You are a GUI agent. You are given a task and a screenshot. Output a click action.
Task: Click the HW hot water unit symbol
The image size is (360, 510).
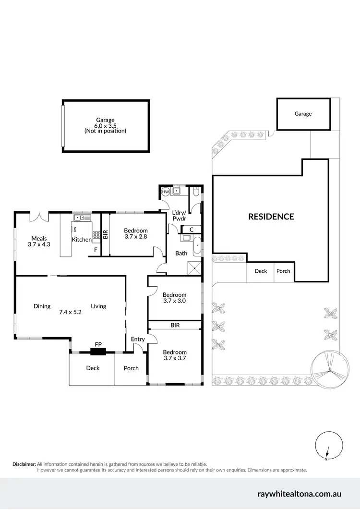[166, 192]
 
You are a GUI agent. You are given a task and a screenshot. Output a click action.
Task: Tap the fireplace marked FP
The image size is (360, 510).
[98, 352]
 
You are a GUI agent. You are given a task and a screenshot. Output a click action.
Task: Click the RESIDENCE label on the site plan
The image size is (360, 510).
[271, 217]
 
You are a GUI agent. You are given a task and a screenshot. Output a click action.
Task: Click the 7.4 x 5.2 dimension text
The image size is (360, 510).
[70, 312]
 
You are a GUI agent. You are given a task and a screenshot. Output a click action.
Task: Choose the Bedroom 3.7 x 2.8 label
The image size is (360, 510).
[136, 233]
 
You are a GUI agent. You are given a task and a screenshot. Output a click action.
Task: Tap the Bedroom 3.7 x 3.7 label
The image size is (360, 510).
[174, 354]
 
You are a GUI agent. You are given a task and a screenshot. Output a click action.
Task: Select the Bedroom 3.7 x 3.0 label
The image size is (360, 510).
[174, 298]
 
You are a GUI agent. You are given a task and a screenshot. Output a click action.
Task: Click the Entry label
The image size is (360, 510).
[138, 340]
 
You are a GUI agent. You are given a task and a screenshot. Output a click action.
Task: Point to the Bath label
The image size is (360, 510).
[181, 253]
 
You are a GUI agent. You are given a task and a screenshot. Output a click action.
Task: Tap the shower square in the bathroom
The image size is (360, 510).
[194, 268]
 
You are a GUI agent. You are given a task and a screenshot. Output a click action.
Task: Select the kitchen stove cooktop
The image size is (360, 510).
[96, 236]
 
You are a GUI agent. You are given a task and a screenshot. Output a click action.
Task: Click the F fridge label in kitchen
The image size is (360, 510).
[96, 250]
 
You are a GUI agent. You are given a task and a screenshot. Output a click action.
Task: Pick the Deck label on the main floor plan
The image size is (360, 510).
[93, 368]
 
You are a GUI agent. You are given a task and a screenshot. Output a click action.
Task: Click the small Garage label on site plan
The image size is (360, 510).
[303, 114]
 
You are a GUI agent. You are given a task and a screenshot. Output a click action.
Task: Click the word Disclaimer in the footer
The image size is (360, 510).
[24, 464]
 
